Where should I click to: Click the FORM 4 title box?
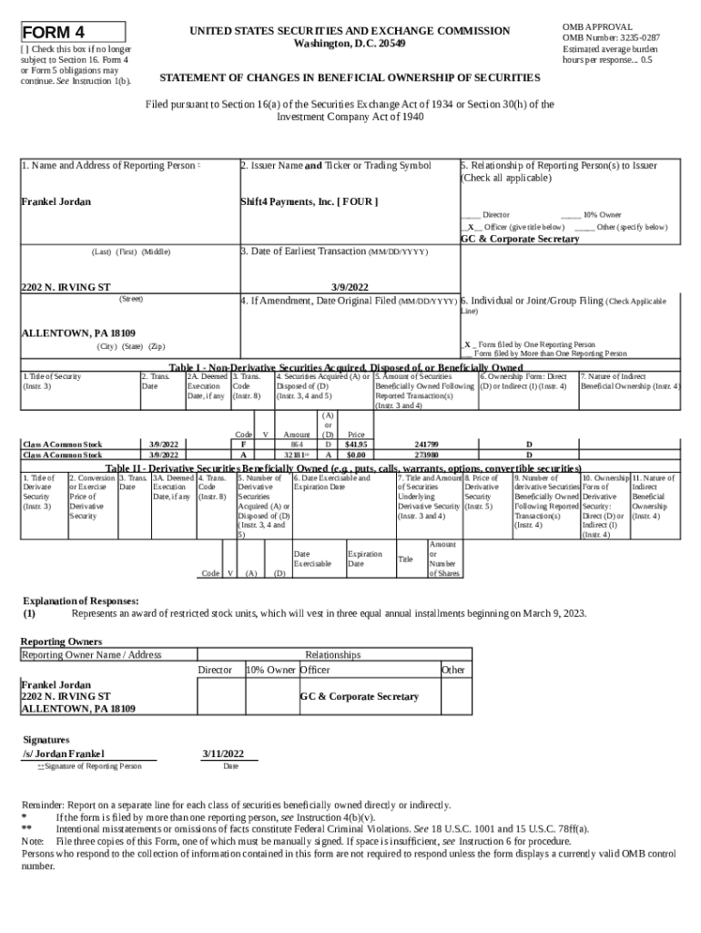[61, 29]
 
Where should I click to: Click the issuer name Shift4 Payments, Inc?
[308, 201]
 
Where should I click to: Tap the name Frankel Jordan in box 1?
[56, 201]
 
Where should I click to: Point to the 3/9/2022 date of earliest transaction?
[350, 287]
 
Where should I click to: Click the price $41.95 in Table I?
[355, 444]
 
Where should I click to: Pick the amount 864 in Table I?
[297, 444]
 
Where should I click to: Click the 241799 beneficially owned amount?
[426, 444]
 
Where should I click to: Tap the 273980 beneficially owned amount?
[426, 454]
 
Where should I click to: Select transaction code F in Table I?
[243, 444]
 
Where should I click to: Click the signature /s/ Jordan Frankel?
[63, 754]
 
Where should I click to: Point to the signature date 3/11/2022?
[222, 754]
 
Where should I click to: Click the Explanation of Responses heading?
[81, 601]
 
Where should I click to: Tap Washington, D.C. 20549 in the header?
[350, 44]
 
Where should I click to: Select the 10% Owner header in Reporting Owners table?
[270, 670]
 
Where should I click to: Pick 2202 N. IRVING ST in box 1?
[66, 287]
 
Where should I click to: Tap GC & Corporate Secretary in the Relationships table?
[360, 697]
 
